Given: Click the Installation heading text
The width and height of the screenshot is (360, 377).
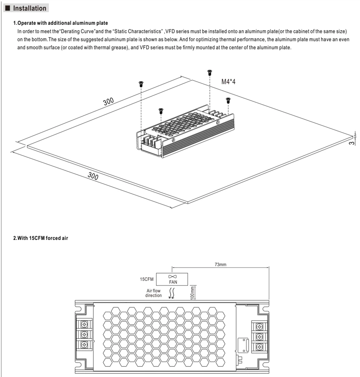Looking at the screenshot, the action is [30, 8].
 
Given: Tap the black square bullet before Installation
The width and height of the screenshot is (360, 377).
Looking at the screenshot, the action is [8, 8].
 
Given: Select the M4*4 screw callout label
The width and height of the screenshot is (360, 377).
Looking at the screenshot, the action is [228, 82].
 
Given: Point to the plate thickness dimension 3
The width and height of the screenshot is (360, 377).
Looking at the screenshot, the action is [352, 143].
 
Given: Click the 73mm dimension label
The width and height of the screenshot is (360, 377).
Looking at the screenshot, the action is [220, 264].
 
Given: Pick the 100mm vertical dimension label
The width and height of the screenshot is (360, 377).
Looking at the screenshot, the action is [192, 293].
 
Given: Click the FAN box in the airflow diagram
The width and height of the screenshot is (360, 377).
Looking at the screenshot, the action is [172, 279].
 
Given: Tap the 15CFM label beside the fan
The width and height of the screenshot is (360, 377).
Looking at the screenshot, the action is [147, 279].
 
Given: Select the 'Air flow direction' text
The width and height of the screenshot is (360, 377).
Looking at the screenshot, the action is [153, 293].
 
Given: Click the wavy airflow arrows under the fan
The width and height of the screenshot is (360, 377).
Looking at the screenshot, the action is [172, 293].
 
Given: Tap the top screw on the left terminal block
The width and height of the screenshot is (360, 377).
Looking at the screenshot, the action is [84, 325].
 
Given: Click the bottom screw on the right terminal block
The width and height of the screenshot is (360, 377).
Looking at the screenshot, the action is [259, 347].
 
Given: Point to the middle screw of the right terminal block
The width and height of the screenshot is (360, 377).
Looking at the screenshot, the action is [259, 337].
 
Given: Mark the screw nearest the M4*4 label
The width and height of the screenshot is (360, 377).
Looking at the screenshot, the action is [210, 72].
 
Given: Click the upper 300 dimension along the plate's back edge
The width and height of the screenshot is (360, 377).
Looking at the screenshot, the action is [108, 102].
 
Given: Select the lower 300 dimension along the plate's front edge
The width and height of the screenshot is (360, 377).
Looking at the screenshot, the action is [93, 176].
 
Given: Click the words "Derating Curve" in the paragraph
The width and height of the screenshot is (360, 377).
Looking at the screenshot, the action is [77, 31].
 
